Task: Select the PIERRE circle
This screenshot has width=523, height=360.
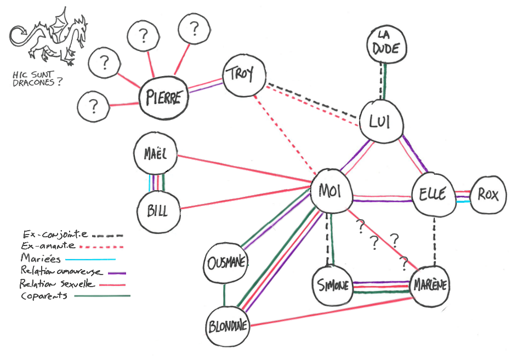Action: point(163,98)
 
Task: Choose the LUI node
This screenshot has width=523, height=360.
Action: point(380,121)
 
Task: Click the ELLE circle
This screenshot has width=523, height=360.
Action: point(433,195)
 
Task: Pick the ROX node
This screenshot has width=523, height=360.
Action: point(488,195)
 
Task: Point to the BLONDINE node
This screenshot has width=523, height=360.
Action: point(228,327)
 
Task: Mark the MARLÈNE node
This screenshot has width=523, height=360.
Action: point(430,285)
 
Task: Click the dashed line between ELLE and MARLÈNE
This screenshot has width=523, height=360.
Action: point(434,241)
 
